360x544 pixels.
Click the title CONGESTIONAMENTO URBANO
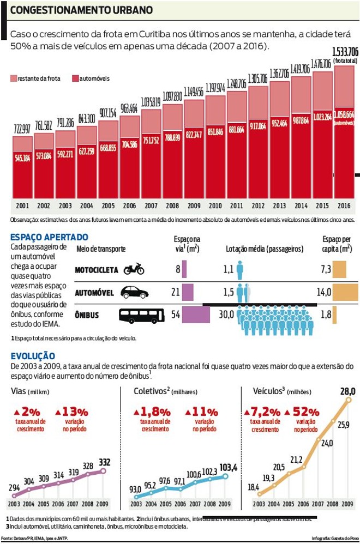point(82,10)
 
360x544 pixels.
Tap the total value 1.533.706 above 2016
point(345,52)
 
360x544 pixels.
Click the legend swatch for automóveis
point(75,78)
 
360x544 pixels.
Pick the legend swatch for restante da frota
point(13,78)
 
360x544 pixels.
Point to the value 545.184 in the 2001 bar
point(22,159)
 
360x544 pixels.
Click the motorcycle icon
point(134,269)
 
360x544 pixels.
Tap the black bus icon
point(141,315)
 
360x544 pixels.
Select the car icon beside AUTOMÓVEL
point(134,292)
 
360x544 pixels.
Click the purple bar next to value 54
point(196,315)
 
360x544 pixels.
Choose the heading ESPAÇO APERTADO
point(49,238)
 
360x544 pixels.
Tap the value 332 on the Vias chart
point(104,462)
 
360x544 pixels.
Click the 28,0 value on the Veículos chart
point(347,391)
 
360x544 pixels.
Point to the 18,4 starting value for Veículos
point(254,487)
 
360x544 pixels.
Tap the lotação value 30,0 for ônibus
point(226,315)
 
